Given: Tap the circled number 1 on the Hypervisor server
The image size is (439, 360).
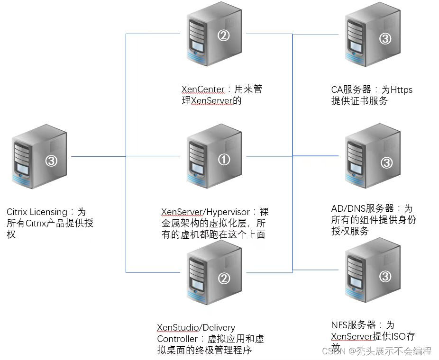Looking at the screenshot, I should coord(224,160).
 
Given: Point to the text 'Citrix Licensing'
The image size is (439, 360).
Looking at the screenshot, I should coord(37,212).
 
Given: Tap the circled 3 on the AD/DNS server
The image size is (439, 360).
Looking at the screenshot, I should coord(386,163).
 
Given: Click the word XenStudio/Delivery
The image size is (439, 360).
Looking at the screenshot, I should coord(196,328).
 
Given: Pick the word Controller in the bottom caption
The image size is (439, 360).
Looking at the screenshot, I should coord(177,339).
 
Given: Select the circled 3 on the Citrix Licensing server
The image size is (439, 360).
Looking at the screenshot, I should coord(52,161).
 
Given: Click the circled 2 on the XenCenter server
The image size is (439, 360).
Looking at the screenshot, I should coord(223,36).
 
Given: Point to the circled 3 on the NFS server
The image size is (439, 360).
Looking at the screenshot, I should coord(386,276).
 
